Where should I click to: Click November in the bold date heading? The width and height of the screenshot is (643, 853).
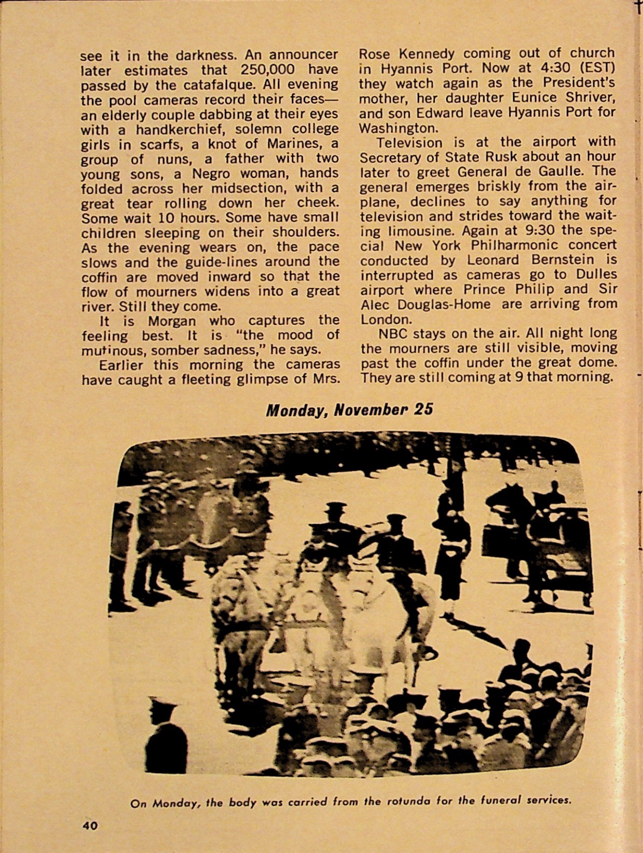tap(371, 410)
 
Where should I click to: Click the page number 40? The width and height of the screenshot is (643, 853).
tap(90, 826)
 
